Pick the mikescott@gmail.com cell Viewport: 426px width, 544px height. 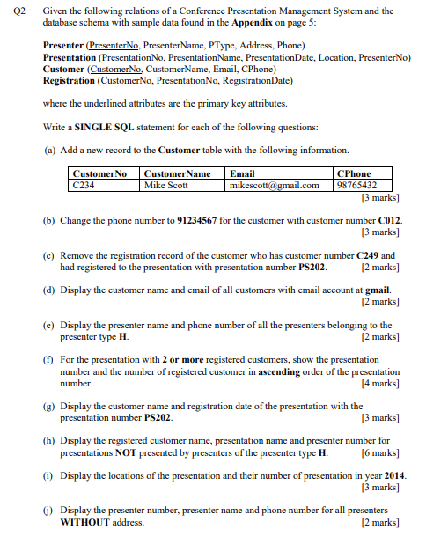pos(274,186)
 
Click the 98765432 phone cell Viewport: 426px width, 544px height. pos(357,186)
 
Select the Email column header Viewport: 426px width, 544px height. pos(242,174)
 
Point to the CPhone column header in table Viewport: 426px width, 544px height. pos(355,174)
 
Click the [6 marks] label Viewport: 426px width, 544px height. pos(380,453)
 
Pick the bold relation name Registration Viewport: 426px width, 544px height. pos(70,80)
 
